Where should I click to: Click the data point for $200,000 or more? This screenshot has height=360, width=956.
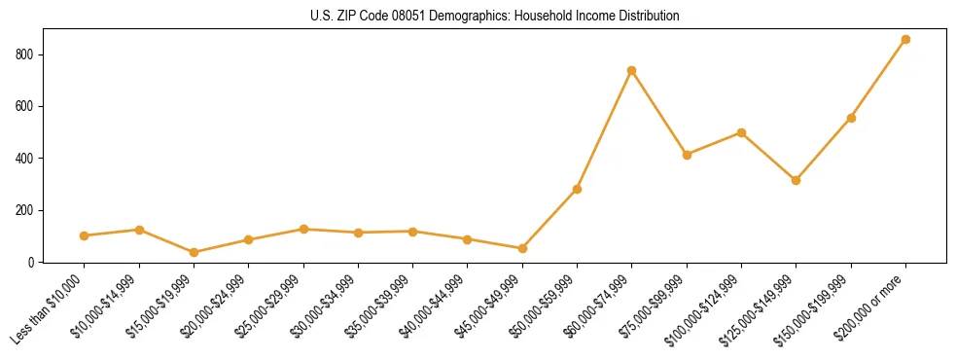click(905, 40)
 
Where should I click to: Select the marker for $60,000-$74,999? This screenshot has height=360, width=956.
click(632, 70)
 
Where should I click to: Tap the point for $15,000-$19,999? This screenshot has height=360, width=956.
click(194, 252)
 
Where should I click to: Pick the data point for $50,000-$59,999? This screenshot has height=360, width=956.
click(577, 189)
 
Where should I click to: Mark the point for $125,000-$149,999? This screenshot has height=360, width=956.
click(796, 180)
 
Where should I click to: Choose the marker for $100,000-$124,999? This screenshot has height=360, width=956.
click(741, 132)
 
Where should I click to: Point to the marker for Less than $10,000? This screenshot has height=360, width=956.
click(85, 235)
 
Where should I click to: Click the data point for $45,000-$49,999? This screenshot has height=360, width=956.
click(522, 248)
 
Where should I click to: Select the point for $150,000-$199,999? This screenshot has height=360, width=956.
click(851, 118)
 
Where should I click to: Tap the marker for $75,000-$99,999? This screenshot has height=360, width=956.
click(687, 155)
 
